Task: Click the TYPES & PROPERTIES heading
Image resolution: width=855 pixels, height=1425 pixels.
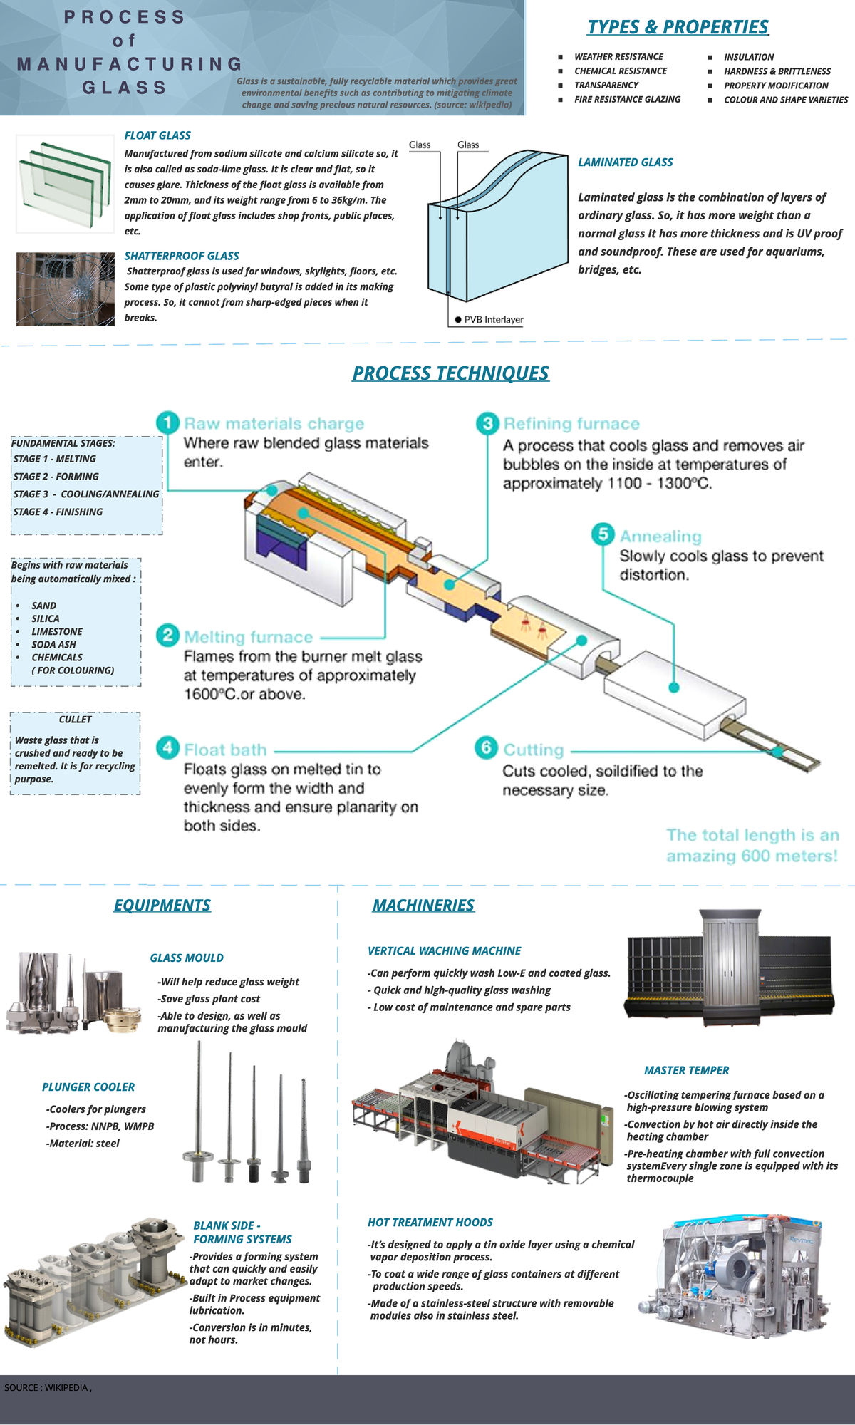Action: [678, 27]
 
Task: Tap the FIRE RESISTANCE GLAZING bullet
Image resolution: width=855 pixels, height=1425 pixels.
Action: [627, 100]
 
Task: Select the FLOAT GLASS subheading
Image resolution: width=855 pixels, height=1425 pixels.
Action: [157, 135]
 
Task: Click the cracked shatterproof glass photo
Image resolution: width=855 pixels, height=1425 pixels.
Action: [66, 289]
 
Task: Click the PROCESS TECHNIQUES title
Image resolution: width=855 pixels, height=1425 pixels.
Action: [450, 373]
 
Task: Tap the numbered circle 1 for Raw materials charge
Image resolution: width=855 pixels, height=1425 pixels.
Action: [167, 423]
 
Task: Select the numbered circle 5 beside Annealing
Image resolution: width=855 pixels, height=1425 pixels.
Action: [603, 534]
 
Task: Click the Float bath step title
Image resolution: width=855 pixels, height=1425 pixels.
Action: [225, 750]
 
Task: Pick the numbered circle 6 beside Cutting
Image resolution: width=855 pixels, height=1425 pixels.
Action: [486, 747]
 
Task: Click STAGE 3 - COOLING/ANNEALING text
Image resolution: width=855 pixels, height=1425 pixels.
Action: [86, 494]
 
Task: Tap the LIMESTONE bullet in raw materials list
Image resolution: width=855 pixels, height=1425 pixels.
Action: [57, 632]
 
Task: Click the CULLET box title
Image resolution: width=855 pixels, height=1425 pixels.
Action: [76, 720]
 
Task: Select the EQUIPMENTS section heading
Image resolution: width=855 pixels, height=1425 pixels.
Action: [162, 905]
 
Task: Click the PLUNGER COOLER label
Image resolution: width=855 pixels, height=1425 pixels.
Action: [88, 1087]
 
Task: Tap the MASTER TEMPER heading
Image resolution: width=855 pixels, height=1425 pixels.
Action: [686, 1071]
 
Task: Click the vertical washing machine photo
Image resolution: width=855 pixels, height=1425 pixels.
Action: [729, 967]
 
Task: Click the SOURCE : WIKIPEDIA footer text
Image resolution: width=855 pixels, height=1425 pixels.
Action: [48, 1387]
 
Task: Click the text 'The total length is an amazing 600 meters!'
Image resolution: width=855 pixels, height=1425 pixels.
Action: [752, 845]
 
